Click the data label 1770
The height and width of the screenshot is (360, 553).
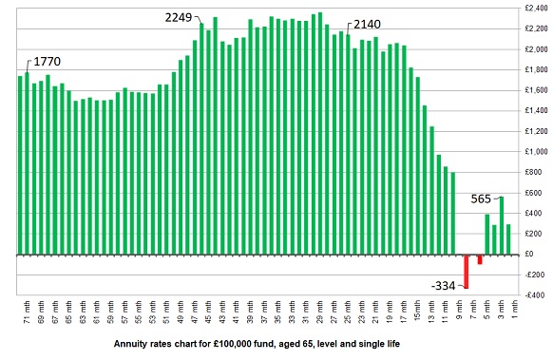(x=48, y=62)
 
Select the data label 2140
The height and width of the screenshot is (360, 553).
(x=369, y=26)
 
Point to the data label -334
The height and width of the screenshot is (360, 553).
(x=444, y=286)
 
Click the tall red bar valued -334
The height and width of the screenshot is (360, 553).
(x=467, y=271)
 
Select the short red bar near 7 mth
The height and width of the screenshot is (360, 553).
(x=480, y=259)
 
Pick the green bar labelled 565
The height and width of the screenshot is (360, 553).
(x=502, y=225)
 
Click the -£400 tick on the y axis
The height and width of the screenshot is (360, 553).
(x=528, y=295)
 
